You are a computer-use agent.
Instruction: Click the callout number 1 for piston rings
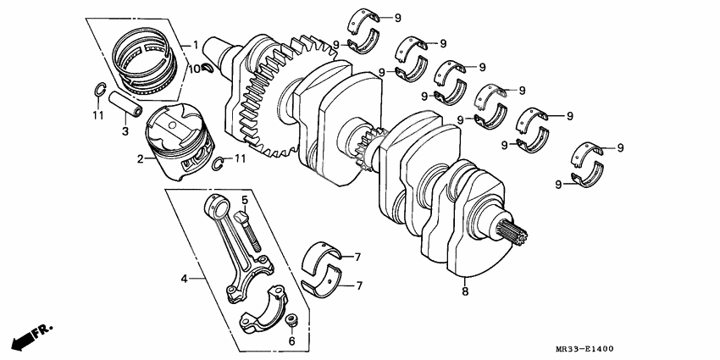195,44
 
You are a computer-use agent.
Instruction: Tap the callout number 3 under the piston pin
124,131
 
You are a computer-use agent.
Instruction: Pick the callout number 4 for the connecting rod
183,277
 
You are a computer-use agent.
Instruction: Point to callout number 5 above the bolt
244,201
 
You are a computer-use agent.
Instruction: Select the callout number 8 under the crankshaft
464,291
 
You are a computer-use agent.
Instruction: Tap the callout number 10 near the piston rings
194,68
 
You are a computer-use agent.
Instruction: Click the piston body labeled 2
179,140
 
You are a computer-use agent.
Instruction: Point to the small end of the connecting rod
216,204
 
